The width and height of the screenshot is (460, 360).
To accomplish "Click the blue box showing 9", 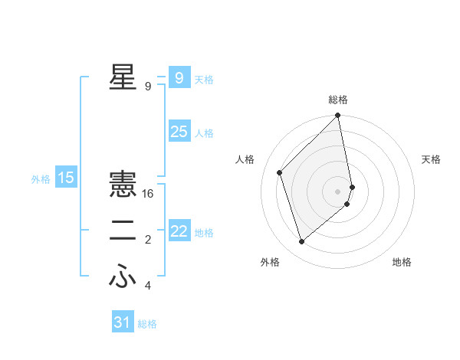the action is (179, 77).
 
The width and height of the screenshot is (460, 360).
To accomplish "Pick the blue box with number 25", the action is (179, 132).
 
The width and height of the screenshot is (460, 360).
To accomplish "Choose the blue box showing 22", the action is (179, 231).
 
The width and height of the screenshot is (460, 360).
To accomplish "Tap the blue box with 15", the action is (66, 178).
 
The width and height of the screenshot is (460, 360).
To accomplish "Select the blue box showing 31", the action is (122, 322).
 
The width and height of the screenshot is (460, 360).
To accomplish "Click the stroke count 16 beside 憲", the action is (148, 194).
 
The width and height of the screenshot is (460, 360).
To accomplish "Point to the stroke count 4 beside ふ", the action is (148, 286).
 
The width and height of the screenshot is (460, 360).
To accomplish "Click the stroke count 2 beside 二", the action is (148, 241).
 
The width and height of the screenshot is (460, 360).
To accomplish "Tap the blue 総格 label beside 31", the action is (147, 324).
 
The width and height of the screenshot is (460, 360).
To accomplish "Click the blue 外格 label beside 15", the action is (41, 179).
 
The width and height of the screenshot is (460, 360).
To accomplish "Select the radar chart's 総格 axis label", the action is (338, 100).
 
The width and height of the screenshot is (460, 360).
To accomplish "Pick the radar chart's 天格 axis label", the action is (432, 159).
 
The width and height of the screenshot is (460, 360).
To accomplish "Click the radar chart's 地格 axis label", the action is (402, 262).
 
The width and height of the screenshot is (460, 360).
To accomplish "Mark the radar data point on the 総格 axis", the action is (338, 116).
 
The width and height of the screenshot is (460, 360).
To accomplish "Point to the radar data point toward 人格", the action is (280, 172).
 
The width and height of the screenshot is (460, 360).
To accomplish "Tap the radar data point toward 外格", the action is (302, 242).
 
